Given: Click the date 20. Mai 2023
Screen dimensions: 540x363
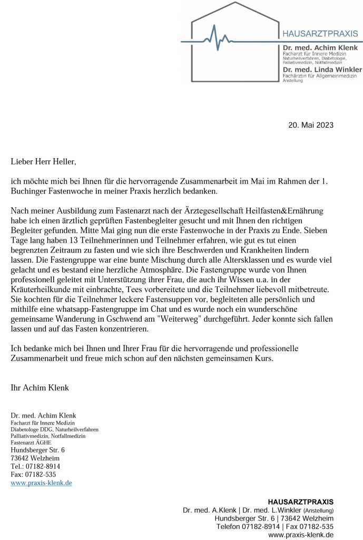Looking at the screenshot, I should pyautogui.click(x=311, y=125).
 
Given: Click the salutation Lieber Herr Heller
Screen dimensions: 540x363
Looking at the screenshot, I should pyautogui.click(x=43, y=161).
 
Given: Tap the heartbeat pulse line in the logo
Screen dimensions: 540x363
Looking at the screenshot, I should pyautogui.click(x=216, y=39).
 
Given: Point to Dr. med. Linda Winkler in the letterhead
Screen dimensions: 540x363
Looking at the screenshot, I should pyautogui.click(x=322, y=70).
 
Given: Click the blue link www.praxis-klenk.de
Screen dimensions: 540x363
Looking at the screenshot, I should pyautogui.click(x=41, y=483).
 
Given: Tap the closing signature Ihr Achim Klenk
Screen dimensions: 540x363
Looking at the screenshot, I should pyautogui.click(x=40, y=388).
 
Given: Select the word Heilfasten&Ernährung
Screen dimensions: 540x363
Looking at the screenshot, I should pyautogui.click(x=281, y=211).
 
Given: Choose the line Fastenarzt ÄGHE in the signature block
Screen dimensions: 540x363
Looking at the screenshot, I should pyautogui.click(x=31, y=443).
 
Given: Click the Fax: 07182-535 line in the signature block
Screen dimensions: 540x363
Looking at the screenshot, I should pyautogui.click(x=33, y=474).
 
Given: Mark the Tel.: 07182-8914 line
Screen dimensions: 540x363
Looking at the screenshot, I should pyautogui.click(x=35, y=466).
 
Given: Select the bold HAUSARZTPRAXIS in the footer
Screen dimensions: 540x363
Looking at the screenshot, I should pyautogui.click(x=300, y=502).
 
